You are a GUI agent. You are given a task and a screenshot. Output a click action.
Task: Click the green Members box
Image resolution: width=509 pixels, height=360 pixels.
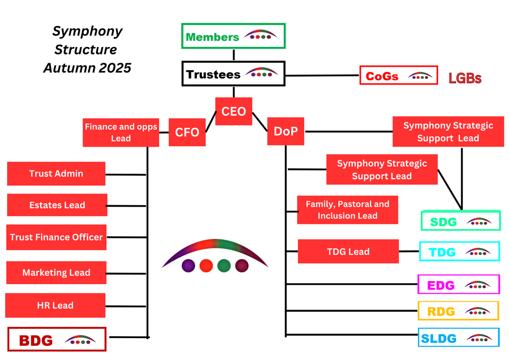click(234, 36)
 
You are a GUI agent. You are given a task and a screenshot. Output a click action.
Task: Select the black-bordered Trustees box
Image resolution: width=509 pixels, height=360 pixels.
click(234, 74)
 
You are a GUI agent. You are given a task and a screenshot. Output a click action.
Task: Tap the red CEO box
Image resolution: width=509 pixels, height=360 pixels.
click(234, 111)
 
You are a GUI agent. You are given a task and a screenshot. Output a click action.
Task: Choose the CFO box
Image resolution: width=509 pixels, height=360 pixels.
click(187, 132)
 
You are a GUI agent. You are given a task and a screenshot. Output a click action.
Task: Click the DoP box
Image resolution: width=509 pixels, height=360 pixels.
click(286, 131)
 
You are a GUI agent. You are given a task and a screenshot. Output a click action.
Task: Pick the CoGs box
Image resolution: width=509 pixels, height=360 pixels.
click(399, 76)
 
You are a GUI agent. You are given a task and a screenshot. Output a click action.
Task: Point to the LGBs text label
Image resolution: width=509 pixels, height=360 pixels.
click(465, 78)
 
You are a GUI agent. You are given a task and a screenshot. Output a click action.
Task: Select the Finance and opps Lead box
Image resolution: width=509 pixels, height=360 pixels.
click(121, 132)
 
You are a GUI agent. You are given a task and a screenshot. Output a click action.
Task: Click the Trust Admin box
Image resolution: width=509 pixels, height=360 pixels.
click(56, 174)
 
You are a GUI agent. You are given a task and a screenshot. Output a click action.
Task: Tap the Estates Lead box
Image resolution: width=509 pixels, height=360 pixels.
click(57, 205)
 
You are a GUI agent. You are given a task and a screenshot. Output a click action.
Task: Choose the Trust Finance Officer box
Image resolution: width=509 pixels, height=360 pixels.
click(56, 237)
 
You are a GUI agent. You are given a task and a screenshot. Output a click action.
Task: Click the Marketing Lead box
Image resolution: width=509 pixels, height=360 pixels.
click(56, 272)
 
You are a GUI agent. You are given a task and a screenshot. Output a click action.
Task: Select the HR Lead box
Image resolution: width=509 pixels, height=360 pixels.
click(55, 306)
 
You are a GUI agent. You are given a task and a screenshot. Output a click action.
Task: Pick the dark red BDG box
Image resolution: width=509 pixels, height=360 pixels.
click(57, 340)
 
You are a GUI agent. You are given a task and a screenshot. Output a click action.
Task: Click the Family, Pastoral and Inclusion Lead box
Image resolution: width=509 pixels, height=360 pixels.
click(348, 210)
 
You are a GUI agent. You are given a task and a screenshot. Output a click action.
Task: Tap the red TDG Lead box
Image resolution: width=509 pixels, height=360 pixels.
click(348, 252)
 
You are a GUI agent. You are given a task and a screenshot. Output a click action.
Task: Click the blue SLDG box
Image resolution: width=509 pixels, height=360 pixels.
click(459, 338)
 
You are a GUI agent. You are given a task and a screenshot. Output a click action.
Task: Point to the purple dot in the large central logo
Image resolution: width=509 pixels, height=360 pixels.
click(188, 265)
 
